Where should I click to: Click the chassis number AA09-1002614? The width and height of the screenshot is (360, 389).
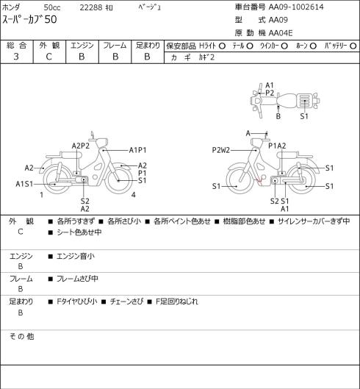coord(296,7)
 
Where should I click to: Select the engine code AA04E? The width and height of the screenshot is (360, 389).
coord(281,33)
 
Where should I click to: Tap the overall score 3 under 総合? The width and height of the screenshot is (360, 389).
coord(16,57)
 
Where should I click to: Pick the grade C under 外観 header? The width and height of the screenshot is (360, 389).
coord(48,57)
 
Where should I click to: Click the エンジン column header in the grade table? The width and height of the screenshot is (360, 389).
coord(82,46)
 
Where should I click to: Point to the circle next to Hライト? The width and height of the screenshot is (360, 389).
coord(222,46)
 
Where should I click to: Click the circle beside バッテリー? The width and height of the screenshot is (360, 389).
coord(353,46)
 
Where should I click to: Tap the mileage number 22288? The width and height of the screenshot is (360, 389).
coord(91,7)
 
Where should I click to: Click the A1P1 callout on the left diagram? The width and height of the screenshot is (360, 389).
coord(138,150)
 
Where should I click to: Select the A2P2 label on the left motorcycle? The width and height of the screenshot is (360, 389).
coord(81,146)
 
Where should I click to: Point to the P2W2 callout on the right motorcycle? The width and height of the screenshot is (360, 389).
coord(221,150)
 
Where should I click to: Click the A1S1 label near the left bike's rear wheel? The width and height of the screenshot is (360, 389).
coord(24,184)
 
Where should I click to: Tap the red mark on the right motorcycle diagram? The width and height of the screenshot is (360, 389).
coord(259,181)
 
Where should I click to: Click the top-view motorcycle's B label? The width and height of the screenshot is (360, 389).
coord(278,116)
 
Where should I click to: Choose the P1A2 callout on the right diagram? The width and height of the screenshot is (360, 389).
coord(277,146)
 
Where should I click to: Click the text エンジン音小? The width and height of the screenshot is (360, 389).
coord(76,256)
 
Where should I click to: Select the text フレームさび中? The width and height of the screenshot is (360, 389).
coord(77,279)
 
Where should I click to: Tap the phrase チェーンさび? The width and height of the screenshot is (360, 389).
coord(126,301)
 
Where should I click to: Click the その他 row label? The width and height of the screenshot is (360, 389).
coord(21,336)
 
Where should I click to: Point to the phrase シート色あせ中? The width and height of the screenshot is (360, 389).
coord(79,232)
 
